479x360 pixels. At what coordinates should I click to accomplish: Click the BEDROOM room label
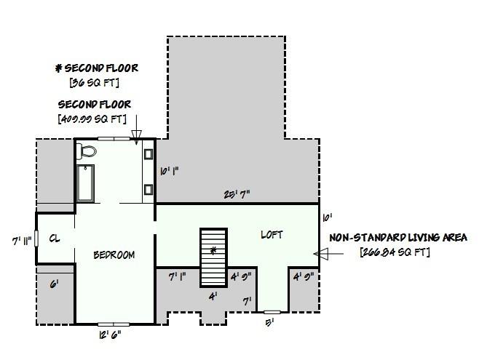114,255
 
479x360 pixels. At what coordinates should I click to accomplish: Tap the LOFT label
271,235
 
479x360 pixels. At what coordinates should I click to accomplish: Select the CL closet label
55,238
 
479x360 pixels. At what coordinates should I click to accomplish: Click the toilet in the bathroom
87,151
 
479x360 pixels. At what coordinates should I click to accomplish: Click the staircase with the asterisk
214,257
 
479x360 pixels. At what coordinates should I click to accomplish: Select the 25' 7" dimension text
237,194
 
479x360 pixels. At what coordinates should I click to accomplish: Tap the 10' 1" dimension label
169,171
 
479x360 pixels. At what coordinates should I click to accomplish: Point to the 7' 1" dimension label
178,276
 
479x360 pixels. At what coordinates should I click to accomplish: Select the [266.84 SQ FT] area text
395,252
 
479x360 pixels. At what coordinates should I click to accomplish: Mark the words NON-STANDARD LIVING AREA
398,238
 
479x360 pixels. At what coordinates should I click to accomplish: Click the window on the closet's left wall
36,239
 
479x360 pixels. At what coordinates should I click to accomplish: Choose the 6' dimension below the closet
53,284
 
